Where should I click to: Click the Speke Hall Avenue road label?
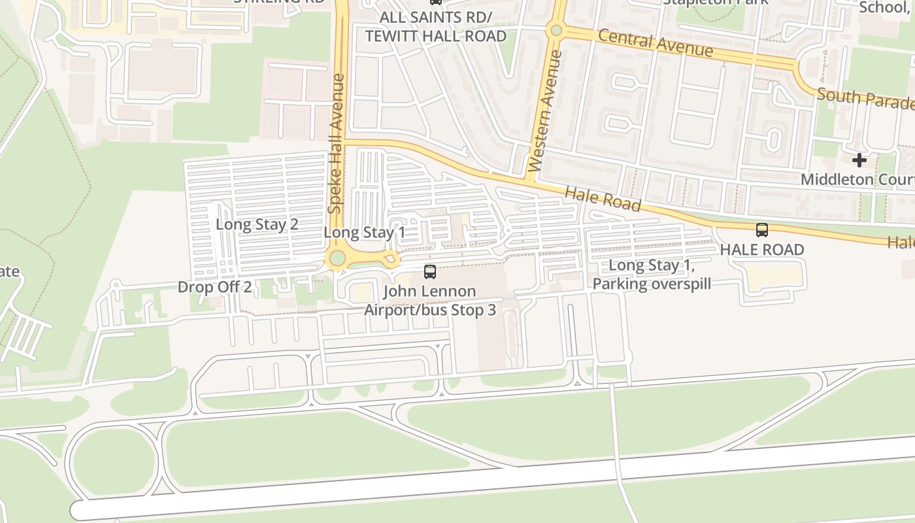336,143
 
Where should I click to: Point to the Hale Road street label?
602,198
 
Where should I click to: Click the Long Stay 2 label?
257,224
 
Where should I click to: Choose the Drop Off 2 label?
214,287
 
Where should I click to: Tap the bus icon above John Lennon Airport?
430,272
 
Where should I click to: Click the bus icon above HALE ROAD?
761,230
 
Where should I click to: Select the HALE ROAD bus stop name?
761,250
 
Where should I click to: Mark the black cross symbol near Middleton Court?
859,160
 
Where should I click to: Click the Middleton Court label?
857,179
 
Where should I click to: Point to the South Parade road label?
865,98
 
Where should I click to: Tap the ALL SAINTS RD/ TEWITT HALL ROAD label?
435,26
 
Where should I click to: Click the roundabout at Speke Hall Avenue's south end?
337,258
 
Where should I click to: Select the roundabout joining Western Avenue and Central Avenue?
556,30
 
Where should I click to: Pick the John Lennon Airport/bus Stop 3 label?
429,301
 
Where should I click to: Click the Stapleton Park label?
715,2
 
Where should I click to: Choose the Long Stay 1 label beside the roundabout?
364,232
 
